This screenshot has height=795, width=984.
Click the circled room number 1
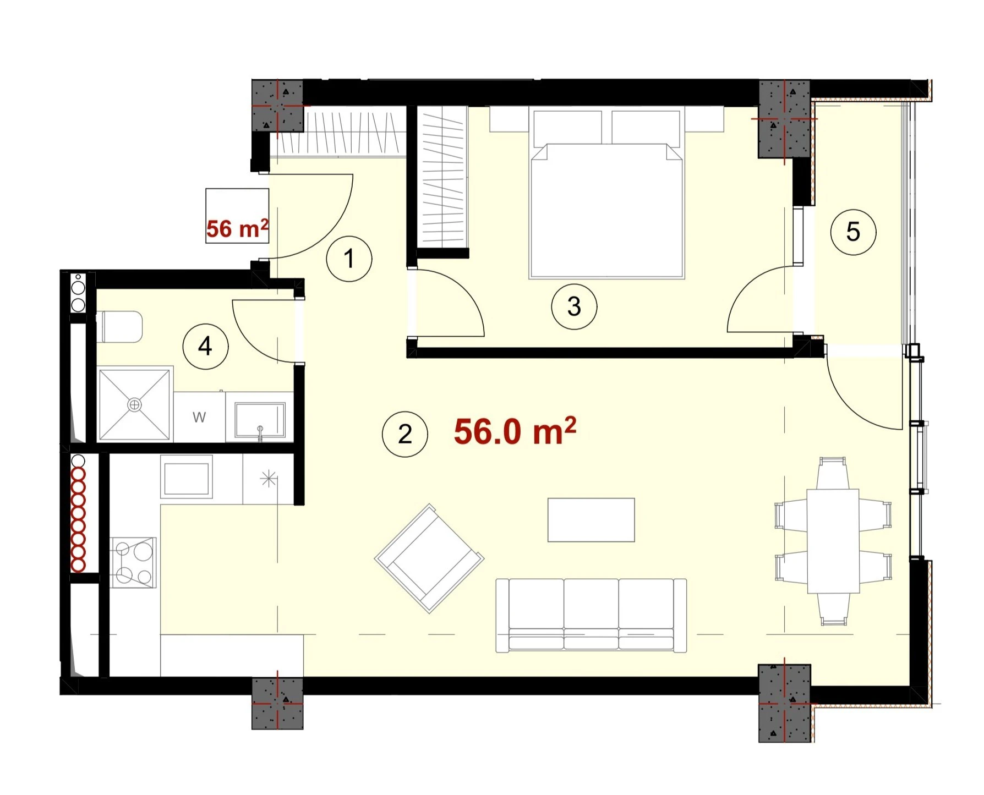349,259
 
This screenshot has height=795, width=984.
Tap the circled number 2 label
405,434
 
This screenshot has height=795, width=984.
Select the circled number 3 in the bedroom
574,306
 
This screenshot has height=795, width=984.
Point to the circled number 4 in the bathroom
205,347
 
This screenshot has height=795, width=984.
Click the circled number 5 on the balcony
853,232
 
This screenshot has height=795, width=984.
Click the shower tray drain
134,405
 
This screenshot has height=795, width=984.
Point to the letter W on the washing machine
199,417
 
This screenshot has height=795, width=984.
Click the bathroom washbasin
260,420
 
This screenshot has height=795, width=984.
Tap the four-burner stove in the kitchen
133,562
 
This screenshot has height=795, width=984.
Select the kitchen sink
187,476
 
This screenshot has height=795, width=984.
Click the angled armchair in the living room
429,558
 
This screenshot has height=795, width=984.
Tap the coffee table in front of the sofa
591,520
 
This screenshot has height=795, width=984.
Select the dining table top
833,541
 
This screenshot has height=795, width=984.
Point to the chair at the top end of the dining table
832,473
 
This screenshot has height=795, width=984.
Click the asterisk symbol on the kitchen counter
268,479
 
